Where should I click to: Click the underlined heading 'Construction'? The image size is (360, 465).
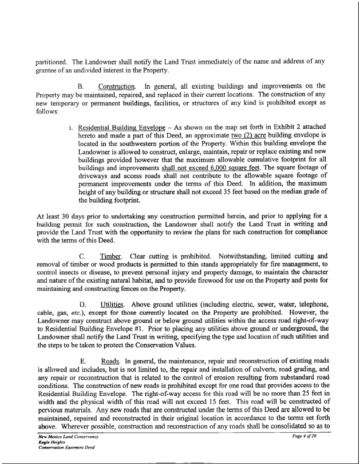click(124, 86)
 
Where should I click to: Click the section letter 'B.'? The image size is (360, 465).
click(81, 86)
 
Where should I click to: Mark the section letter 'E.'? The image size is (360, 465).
click(81, 361)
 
